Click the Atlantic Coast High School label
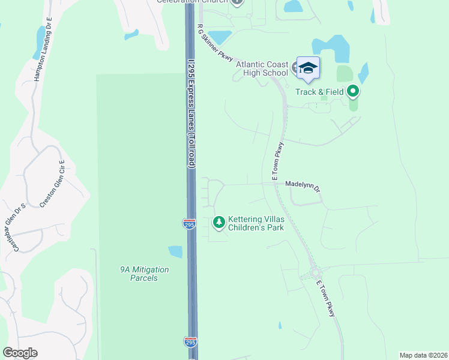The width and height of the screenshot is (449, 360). [262, 68]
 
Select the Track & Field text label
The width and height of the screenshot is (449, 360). [319, 92]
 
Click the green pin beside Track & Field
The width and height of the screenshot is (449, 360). [353, 92]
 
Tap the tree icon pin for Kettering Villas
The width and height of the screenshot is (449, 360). [219, 223]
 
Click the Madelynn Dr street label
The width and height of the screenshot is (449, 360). [303, 185]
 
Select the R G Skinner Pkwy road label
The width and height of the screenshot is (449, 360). [215, 43]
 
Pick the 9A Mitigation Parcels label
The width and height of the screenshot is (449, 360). [143, 274]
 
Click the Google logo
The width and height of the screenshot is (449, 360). [20, 353]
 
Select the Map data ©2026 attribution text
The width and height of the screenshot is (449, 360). [424, 355]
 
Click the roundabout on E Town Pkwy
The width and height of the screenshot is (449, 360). [316, 274]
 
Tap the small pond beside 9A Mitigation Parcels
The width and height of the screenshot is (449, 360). [175, 251]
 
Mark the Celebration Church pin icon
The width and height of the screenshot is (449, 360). [238, 2]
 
